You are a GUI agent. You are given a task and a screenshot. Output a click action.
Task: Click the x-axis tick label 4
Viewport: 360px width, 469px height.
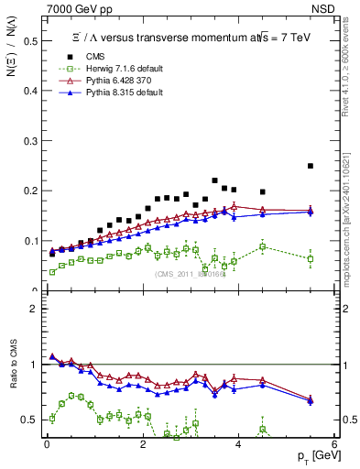click(x=238, y=445)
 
